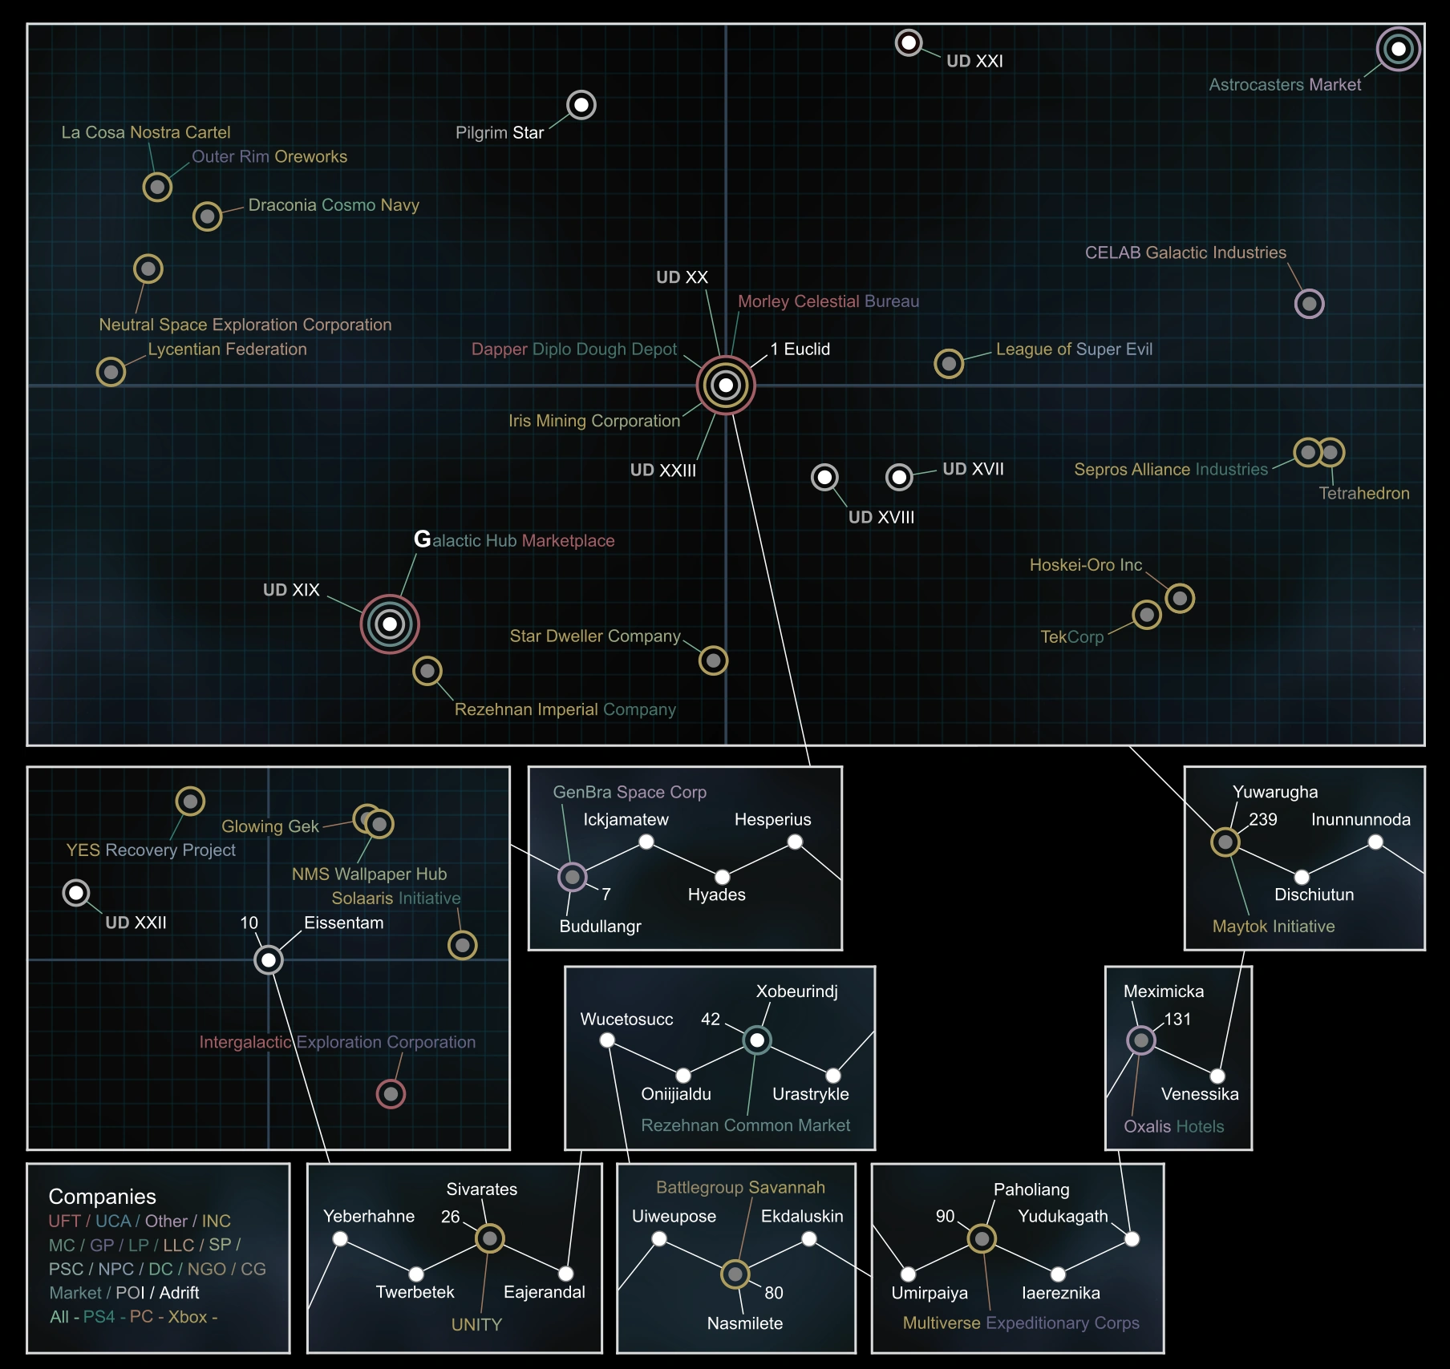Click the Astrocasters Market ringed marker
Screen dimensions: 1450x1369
click(1398, 49)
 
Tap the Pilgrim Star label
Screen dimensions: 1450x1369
click(500, 132)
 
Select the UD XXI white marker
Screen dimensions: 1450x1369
click(909, 42)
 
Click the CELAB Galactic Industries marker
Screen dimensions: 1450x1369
click(1309, 304)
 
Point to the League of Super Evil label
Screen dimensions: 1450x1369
click(1074, 349)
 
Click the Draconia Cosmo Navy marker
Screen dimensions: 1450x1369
click(208, 216)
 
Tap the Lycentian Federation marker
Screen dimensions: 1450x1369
click(111, 371)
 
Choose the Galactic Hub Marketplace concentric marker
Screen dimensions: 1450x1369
click(390, 624)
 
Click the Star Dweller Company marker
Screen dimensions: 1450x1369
click(713, 660)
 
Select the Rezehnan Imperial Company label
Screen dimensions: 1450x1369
click(565, 709)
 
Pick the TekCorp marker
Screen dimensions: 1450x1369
click(1147, 615)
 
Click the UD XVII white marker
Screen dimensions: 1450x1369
click(899, 477)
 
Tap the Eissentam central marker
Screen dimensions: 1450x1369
click(269, 959)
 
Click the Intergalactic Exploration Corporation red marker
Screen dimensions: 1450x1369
click(391, 1093)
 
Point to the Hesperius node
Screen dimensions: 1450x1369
click(795, 842)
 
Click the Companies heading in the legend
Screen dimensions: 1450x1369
click(103, 1196)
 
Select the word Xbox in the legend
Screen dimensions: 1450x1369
click(188, 1317)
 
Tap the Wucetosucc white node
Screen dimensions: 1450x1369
click(607, 1040)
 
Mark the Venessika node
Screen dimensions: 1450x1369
click(1217, 1076)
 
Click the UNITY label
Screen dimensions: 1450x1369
click(476, 1324)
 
